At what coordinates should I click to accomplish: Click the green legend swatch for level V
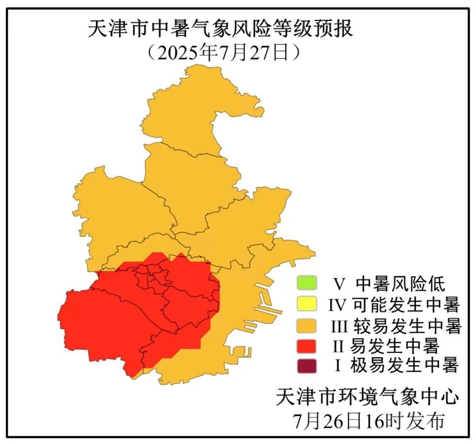click(x=306, y=282)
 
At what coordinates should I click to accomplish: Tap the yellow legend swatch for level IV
click(x=306, y=304)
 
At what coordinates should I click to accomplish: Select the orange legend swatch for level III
click(x=306, y=325)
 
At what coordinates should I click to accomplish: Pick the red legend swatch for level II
click(x=306, y=346)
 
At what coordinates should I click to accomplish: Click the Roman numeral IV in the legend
click(x=337, y=305)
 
